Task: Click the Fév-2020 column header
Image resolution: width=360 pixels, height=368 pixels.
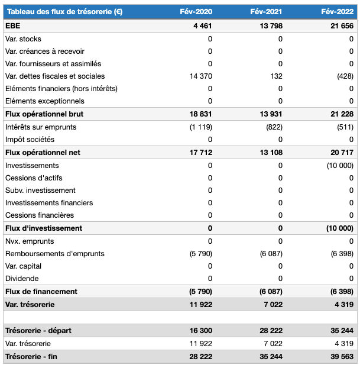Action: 196,12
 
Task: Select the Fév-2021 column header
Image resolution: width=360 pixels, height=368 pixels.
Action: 267,12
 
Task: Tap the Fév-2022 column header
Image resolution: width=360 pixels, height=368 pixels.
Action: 338,12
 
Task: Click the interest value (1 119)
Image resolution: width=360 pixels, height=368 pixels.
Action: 200,127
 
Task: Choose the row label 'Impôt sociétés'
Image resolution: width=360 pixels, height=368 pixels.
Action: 30,140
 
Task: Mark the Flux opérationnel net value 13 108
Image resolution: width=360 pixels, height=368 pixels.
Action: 271,153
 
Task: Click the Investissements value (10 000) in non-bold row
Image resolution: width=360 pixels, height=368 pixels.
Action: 340,166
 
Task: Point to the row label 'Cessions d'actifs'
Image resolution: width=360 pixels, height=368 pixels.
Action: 34,178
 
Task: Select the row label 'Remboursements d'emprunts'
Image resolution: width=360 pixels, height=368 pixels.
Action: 54,254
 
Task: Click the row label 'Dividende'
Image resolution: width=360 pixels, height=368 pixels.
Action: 22,279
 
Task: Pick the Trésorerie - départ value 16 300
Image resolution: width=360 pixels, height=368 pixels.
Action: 200,330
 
